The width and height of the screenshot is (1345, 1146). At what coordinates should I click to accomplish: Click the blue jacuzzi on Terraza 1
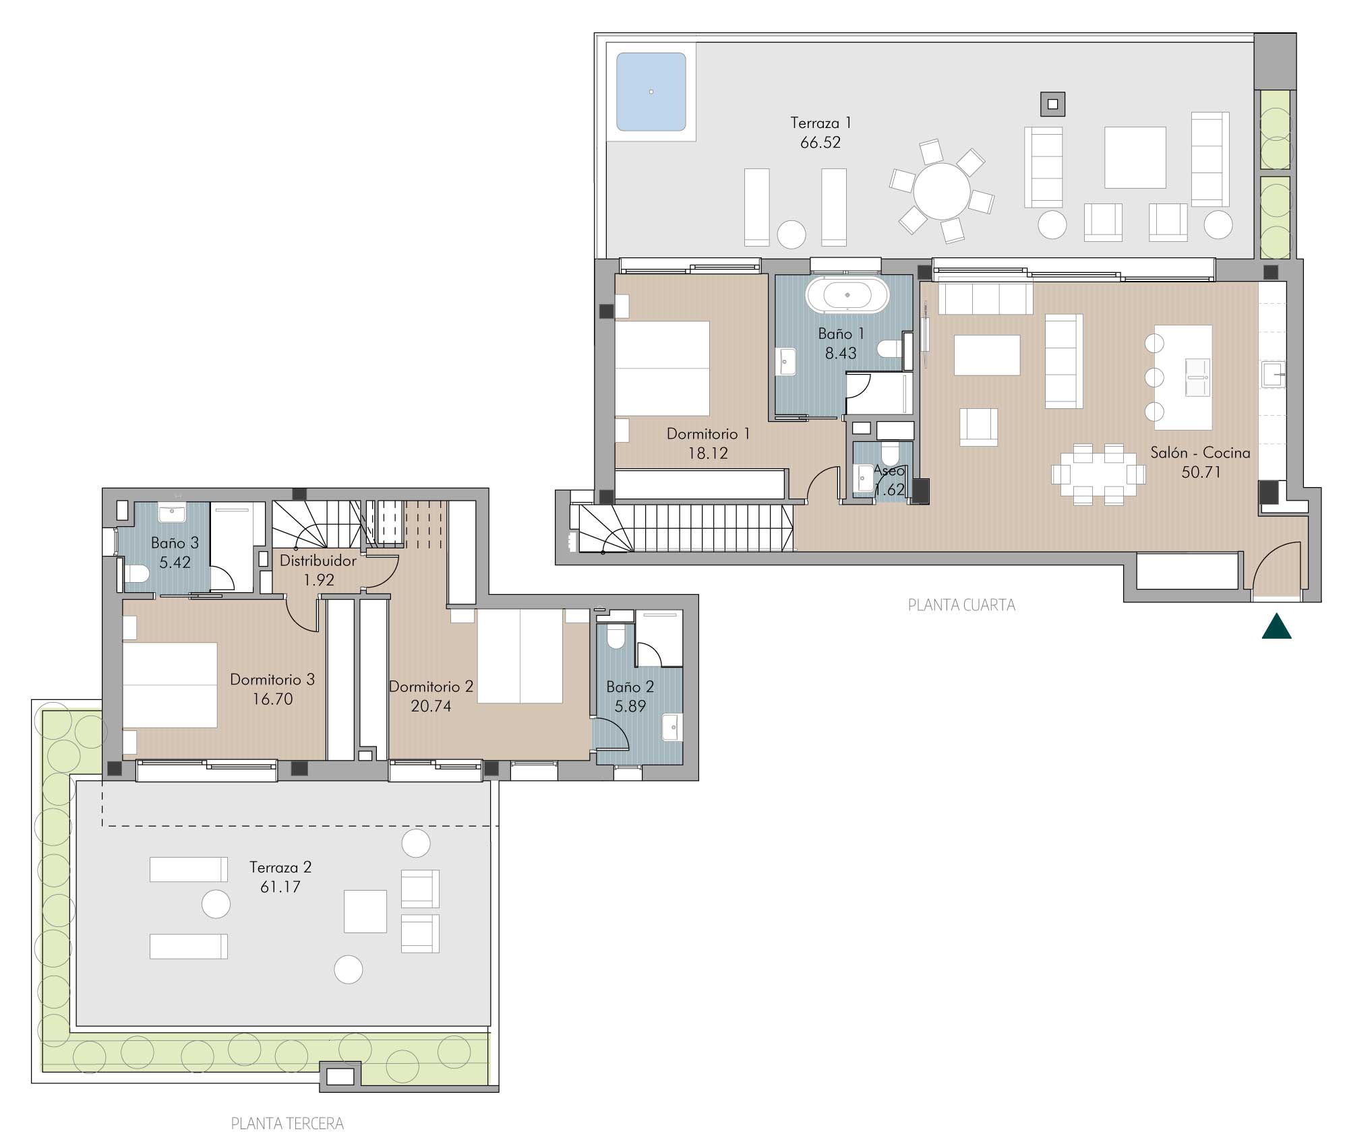651,92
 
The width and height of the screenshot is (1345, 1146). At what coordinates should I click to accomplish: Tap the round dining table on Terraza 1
941,191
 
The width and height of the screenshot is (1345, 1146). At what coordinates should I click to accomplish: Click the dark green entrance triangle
1276,626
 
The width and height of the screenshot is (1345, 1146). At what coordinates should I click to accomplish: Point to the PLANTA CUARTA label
961,605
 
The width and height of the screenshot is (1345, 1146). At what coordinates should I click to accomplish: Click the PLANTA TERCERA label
287,1123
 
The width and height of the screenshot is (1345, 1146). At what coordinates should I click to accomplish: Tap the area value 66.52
820,142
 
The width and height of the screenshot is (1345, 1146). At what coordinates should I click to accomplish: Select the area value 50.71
1201,472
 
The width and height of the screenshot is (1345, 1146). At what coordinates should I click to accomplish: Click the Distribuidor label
318,561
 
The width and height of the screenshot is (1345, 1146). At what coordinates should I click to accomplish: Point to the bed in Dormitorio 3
170,685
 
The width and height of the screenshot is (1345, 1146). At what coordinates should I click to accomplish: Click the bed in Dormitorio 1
662,368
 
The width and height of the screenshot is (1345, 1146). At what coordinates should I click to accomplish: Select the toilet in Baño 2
616,637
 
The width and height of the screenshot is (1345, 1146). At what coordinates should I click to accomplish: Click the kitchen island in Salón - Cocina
1183,377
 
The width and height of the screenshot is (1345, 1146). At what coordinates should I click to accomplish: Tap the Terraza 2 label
280,867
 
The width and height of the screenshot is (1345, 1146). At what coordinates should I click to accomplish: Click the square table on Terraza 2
365,911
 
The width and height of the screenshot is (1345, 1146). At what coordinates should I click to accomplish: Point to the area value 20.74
431,706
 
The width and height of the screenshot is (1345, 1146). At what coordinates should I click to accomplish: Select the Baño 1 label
841,333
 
